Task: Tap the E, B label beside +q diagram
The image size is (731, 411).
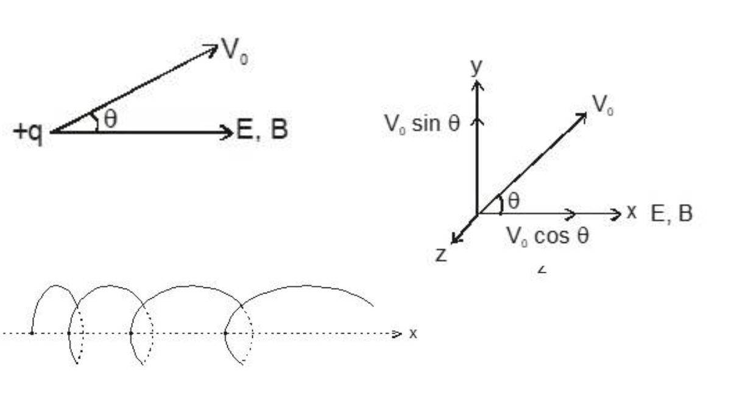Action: click(x=262, y=130)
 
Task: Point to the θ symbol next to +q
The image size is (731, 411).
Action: click(x=110, y=119)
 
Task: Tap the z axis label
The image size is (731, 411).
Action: click(x=441, y=255)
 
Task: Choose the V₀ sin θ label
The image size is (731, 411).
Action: click(x=422, y=124)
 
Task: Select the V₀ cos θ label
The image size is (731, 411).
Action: click(x=548, y=236)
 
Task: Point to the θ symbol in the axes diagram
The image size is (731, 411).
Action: click(x=514, y=202)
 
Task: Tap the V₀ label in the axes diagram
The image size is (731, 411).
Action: click(x=603, y=105)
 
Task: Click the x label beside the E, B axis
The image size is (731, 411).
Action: click(x=632, y=213)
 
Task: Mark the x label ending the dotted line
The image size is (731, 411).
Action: click(x=413, y=334)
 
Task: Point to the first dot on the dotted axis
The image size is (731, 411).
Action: click(x=32, y=333)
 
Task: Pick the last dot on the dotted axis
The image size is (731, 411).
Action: click(x=225, y=333)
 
